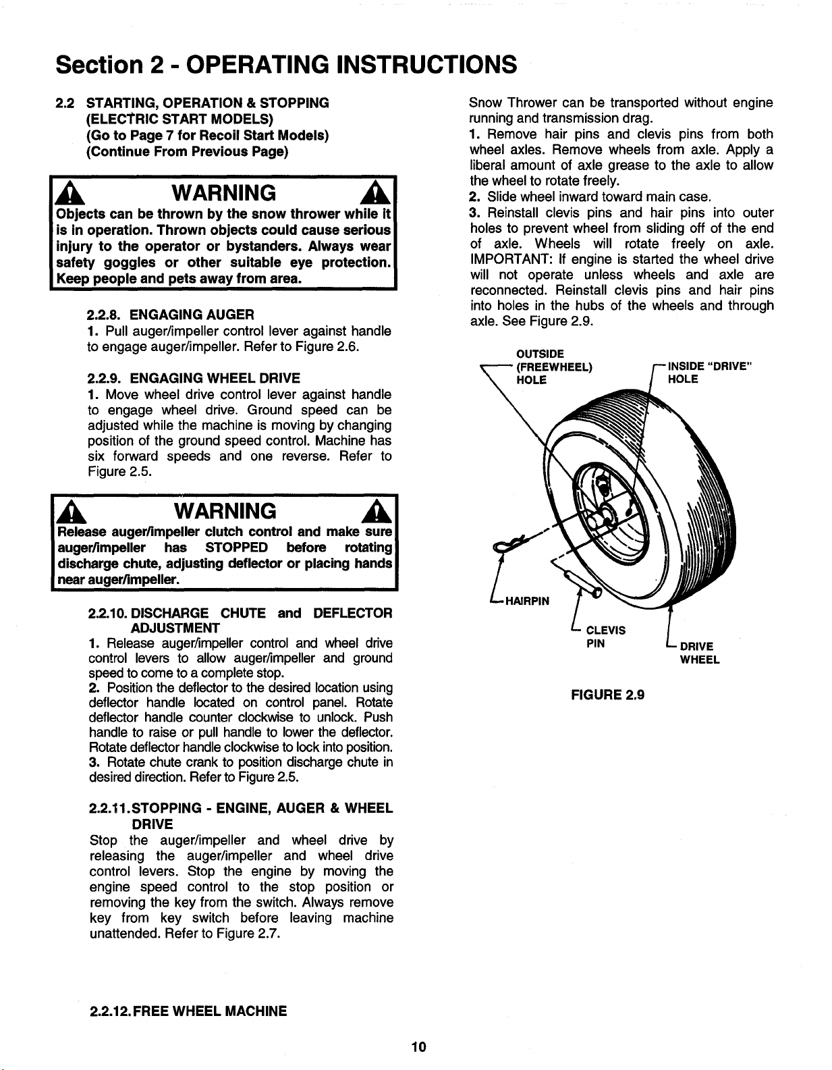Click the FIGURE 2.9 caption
[x=607, y=694]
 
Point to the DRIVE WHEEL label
[x=699, y=653]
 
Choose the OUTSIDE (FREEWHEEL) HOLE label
[x=553, y=367]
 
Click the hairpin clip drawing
[x=513, y=543]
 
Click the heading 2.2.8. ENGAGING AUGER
[x=171, y=315]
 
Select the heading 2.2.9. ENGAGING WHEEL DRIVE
[x=194, y=377]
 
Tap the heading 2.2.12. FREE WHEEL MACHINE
[x=188, y=1011]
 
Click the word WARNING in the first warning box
[x=224, y=193]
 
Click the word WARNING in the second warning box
[x=224, y=510]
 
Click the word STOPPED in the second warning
[x=236, y=546]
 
